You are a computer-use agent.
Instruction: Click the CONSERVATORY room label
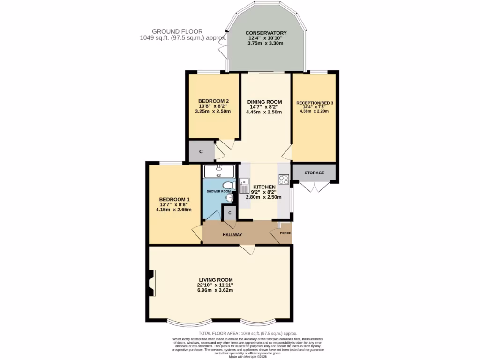[266, 33]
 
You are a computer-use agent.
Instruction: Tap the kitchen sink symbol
[244, 186]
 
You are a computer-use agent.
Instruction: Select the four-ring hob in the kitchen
[284, 180]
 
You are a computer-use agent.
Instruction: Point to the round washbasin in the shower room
[229, 199]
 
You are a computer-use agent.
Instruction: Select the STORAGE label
[314, 173]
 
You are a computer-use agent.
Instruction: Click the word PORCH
[285, 233]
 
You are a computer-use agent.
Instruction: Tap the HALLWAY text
[232, 234]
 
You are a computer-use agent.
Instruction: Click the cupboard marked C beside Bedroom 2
[201, 151]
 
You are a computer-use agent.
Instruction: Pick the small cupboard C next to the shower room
[229, 213]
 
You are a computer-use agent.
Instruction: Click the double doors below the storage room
[315, 187]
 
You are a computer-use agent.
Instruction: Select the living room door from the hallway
[247, 250]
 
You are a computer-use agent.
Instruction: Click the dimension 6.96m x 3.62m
[215, 291]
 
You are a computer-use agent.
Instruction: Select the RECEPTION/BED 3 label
[314, 103]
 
